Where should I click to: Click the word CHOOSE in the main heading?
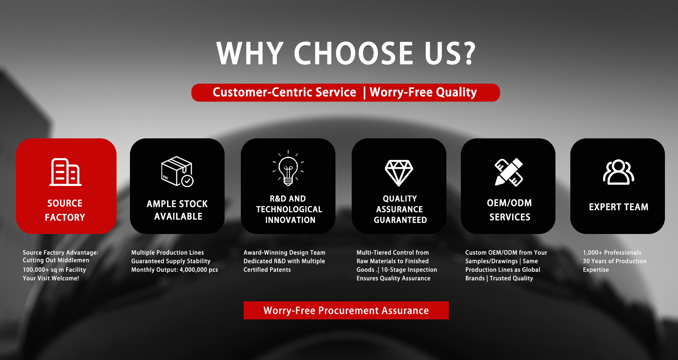(353, 53)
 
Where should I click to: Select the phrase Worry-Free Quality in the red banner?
(423, 92)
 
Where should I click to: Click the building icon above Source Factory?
(66, 172)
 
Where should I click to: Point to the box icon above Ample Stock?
(177, 172)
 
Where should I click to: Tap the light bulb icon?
(288, 168)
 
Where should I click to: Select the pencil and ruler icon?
(509, 172)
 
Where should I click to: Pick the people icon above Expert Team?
(618, 172)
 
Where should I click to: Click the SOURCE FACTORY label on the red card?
(65, 210)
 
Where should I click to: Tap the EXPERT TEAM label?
(618, 207)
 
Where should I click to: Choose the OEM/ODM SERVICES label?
(510, 210)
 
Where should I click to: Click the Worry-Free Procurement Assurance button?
(346, 311)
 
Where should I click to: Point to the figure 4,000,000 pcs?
(199, 270)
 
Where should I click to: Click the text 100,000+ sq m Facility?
(54, 270)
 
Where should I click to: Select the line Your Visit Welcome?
(51, 278)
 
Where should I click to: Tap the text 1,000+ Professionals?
(612, 253)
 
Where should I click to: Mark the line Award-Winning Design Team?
(284, 253)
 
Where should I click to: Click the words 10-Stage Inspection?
(409, 270)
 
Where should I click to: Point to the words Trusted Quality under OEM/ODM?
(511, 278)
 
